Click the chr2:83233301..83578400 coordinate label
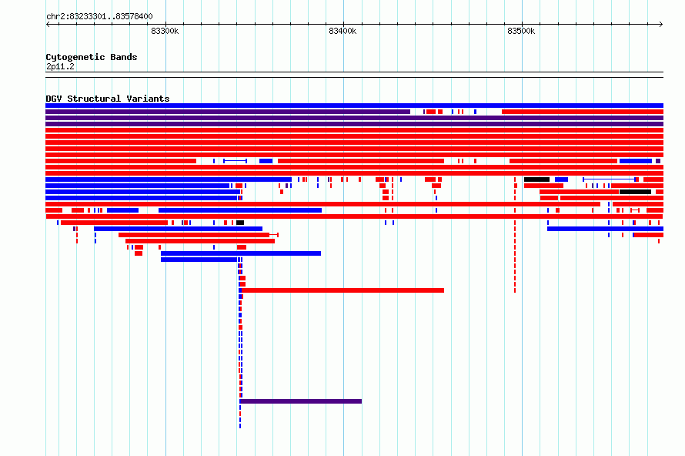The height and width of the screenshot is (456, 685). pos(99,17)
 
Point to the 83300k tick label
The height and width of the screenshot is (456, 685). pos(165,31)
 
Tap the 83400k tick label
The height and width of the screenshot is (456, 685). pos(342,31)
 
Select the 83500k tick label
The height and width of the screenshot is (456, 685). pos(521,31)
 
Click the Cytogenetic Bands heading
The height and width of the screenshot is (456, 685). pos(92,57)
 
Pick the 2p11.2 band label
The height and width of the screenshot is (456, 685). pos(60,66)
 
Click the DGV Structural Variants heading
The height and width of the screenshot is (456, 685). pos(108,99)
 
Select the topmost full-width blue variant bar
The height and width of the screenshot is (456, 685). pos(354,106)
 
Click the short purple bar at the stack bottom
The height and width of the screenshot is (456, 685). pos(301,401)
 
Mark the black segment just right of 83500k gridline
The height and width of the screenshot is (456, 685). pos(536,179)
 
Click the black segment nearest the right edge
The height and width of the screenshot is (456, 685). pos(635,192)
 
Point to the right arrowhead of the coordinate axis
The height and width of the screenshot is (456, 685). pos(661,25)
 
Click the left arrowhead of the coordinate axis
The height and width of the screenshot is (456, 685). pos(48,25)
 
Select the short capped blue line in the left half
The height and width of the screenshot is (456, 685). pos(235,161)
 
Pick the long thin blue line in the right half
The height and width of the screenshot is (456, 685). pos(610,179)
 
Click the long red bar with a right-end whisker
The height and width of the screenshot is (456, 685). pos(199,235)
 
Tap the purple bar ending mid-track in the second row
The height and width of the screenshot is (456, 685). pos(228,112)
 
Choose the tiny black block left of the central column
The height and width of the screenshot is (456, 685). pos(240,223)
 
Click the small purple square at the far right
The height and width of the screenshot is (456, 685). pos(658,161)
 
